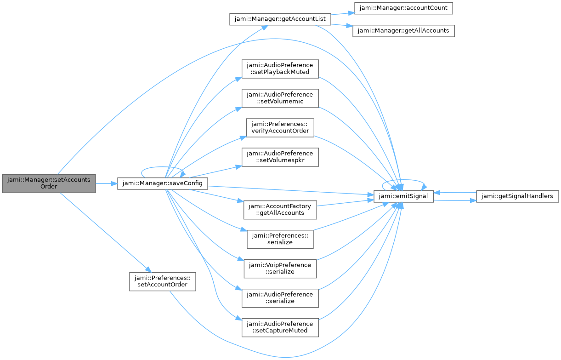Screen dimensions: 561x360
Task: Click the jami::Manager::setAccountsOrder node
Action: coord(49,183)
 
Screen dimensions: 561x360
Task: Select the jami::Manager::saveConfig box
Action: coord(162,183)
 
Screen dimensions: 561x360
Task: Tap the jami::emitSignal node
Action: coord(403,196)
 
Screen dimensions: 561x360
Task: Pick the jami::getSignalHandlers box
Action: coord(517,196)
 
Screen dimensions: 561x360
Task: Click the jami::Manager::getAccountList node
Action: coord(280,19)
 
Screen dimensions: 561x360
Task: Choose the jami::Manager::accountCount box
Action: coord(403,8)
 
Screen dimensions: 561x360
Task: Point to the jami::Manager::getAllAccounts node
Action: coord(403,31)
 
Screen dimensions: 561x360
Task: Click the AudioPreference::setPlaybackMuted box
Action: coord(280,69)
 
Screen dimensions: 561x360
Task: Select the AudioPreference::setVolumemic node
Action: coord(280,98)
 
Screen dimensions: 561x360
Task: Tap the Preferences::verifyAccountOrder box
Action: coord(280,128)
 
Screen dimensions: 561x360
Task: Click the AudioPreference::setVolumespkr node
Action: coord(280,157)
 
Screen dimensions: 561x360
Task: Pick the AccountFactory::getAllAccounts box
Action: coord(280,210)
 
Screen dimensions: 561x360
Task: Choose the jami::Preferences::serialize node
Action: coord(280,239)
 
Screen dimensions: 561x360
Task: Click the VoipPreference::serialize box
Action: coord(280,269)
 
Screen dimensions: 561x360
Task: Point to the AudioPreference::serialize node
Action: coord(280,298)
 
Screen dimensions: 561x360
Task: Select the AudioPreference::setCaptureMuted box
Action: coord(280,328)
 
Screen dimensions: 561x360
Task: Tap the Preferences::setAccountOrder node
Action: coord(163,282)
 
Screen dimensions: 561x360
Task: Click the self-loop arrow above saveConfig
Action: coord(162,167)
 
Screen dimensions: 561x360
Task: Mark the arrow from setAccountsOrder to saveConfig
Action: coord(107,183)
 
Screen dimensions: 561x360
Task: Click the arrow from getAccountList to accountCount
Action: coord(343,13)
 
